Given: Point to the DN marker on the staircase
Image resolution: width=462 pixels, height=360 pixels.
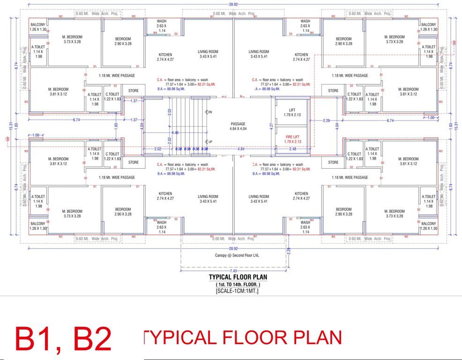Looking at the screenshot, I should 209,112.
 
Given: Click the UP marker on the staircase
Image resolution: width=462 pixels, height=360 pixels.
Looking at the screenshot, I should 209,141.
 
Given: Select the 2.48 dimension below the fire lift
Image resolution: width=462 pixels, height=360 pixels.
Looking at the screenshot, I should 293,149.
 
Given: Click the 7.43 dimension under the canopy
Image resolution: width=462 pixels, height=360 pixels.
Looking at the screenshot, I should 233,271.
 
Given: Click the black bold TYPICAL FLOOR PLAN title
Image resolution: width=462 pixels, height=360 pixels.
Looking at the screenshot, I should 238,277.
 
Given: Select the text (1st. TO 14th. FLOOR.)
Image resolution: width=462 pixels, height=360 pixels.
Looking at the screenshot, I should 238,285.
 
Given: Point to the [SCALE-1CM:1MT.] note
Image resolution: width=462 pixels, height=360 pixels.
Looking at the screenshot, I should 238,291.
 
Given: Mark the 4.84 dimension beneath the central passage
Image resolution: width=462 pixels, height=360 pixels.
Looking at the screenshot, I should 241,149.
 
